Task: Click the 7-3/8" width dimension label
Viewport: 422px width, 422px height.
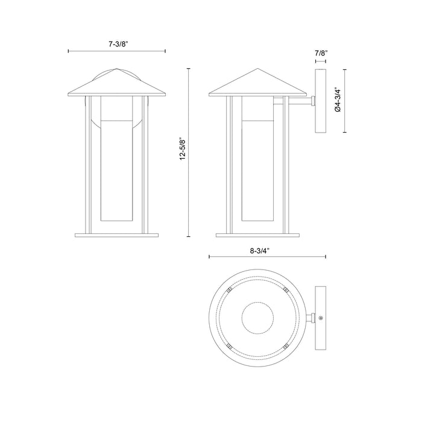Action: [x=117, y=44]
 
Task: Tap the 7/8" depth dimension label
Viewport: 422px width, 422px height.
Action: [x=320, y=54]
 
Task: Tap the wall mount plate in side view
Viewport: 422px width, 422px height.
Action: [x=320, y=101]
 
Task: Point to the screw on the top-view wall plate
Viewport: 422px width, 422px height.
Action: [x=321, y=318]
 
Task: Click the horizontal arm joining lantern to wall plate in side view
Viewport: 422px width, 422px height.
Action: [x=295, y=103]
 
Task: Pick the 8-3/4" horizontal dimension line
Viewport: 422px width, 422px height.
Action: [x=229, y=257]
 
